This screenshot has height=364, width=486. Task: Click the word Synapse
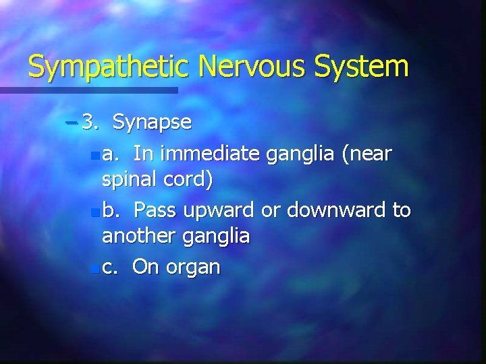(x=152, y=123)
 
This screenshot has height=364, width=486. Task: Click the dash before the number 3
(x=72, y=123)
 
